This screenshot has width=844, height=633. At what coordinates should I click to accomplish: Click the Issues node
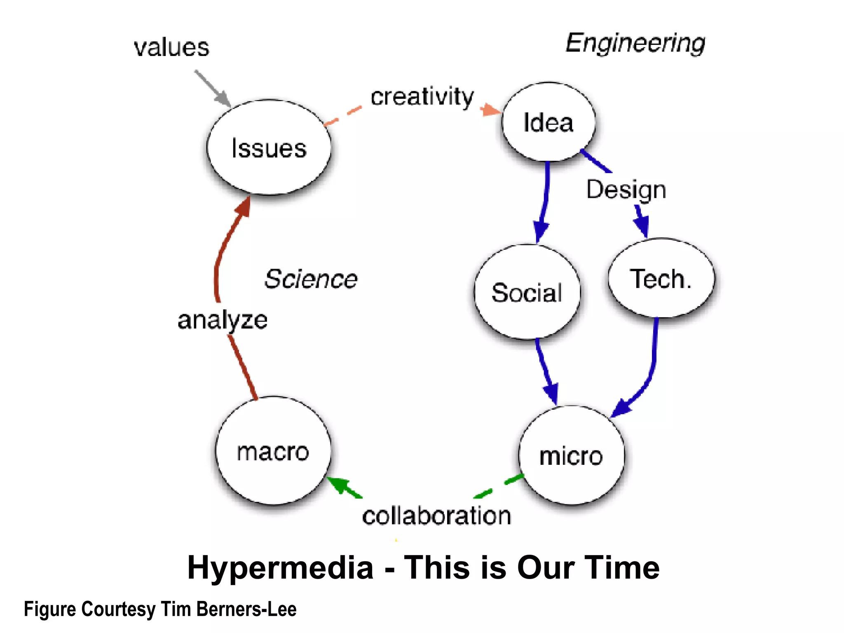(x=269, y=148)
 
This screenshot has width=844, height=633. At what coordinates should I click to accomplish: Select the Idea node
(x=549, y=122)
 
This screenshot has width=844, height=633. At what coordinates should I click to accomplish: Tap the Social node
(x=527, y=292)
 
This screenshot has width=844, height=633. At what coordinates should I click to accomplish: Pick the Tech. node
(x=661, y=279)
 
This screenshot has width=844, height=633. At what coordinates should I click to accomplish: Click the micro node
(x=572, y=455)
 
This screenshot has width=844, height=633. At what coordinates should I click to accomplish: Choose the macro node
(x=273, y=451)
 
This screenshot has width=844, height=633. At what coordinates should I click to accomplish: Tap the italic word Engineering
(x=635, y=43)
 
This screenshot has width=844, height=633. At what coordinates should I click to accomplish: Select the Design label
(x=626, y=190)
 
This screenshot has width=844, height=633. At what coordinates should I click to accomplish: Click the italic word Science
(x=311, y=279)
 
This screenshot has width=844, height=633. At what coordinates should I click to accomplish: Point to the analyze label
(x=223, y=320)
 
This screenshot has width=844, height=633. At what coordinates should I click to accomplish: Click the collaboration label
(x=436, y=516)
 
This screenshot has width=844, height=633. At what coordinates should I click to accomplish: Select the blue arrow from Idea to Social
(x=545, y=198)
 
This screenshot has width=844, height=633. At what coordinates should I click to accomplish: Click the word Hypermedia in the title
(x=280, y=568)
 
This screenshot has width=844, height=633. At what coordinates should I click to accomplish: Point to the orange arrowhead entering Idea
(x=490, y=110)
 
